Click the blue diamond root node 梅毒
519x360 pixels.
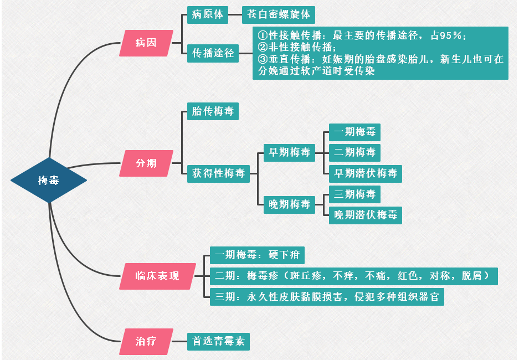[x=49, y=180]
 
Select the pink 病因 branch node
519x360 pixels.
[x=146, y=43]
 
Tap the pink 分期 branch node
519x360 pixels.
[x=146, y=163]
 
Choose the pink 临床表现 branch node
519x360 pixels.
[x=158, y=276]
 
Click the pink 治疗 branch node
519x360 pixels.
[x=146, y=341]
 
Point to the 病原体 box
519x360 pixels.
[x=208, y=15]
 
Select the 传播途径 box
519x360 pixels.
[x=213, y=53]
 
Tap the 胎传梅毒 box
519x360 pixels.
[x=213, y=111]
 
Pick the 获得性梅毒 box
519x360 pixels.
[x=218, y=173]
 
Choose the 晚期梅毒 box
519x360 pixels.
[x=289, y=204]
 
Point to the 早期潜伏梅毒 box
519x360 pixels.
[x=366, y=173]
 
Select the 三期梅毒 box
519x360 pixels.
[x=354, y=194]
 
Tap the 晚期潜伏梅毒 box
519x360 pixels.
[x=366, y=215]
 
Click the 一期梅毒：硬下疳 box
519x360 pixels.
[x=257, y=255]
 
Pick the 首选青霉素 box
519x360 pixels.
[x=218, y=341]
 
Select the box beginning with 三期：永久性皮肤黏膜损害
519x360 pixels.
[x=327, y=296]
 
